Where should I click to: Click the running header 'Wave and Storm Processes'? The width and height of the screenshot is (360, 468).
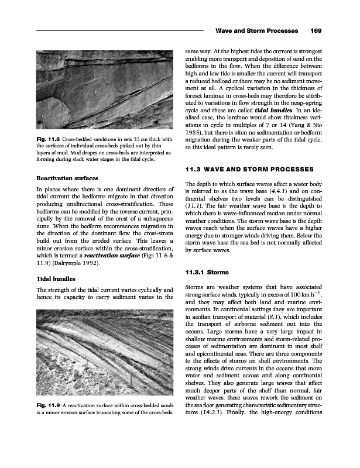pos(255,30)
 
